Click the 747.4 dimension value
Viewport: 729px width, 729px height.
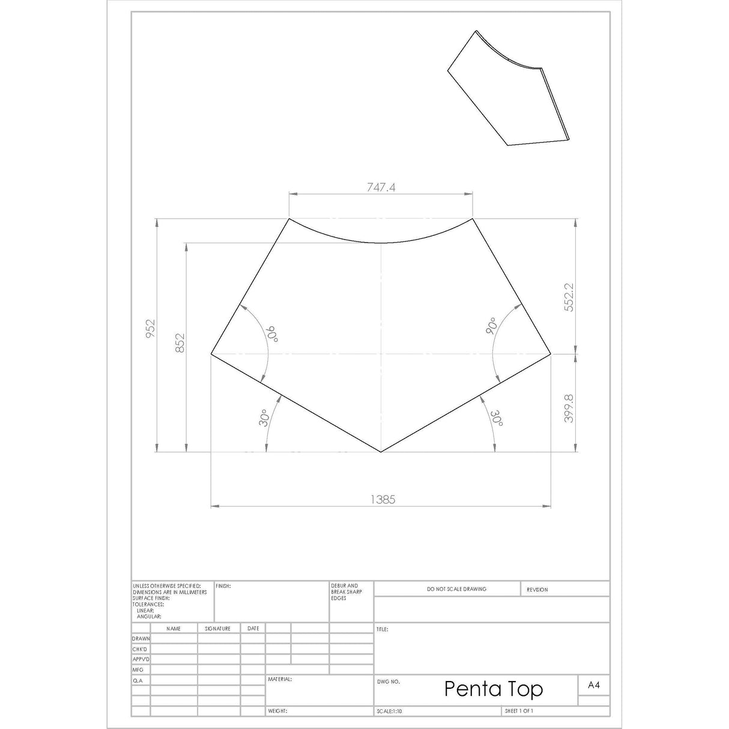(381, 187)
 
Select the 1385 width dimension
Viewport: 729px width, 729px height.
(383, 499)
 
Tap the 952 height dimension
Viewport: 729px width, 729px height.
(150, 330)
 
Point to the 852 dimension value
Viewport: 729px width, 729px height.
(180, 343)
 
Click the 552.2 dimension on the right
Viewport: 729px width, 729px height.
(569, 297)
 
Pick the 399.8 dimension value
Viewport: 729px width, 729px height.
(569, 408)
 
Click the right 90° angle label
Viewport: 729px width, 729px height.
(491, 326)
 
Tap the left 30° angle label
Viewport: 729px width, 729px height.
(264, 419)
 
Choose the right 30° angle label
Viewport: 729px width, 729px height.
(498, 419)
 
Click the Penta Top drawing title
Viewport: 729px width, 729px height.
(493, 689)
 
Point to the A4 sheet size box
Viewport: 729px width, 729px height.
(593, 685)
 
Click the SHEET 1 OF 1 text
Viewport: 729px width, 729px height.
(519, 711)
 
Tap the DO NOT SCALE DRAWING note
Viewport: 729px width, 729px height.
(456, 589)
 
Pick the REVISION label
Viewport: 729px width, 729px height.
(537, 590)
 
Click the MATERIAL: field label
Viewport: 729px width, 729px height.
(280, 679)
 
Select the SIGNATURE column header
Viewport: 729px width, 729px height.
(217, 629)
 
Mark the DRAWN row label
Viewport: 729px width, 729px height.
(141, 639)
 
